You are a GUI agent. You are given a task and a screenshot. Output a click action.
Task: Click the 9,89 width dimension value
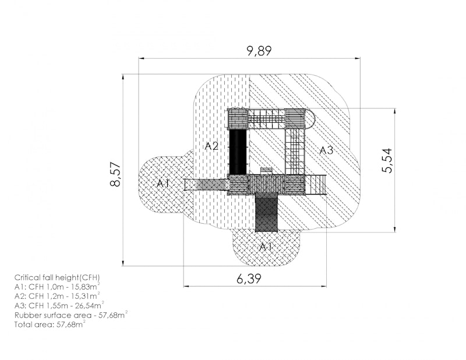(x=259, y=51)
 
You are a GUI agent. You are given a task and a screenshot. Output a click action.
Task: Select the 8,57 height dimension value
(x=115, y=174)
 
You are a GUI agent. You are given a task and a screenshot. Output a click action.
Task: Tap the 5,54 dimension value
(x=387, y=161)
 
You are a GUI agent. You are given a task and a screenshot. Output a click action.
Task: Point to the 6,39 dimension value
(x=249, y=279)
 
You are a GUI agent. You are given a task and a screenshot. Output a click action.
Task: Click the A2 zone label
(x=211, y=146)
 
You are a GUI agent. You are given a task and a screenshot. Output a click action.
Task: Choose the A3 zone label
(x=326, y=150)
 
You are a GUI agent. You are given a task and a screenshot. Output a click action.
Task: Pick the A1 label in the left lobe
(x=163, y=183)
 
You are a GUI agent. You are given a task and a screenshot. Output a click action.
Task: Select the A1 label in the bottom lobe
(x=266, y=247)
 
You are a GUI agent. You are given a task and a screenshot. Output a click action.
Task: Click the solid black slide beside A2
(x=238, y=151)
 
